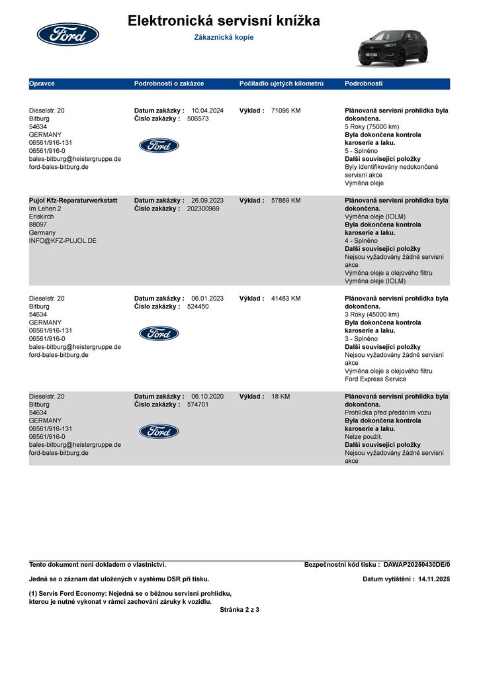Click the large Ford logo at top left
point(67,34)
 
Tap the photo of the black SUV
point(393,48)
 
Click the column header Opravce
point(42,84)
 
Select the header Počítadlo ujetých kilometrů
point(281,84)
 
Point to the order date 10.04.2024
point(208,111)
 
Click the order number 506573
point(198,119)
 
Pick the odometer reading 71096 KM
point(286,111)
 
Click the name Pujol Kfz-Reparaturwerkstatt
point(73,201)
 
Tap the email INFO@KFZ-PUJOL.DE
point(63,241)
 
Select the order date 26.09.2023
point(208,201)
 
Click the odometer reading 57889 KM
point(286,201)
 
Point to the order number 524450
point(198,307)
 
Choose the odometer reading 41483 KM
point(286,299)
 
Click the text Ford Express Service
point(376,379)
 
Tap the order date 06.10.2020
point(208,397)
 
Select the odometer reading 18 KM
point(281,397)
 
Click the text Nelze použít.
point(363,437)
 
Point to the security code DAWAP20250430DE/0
point(417,565)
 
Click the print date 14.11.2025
point(434,579)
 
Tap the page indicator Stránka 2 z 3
point(239,609)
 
